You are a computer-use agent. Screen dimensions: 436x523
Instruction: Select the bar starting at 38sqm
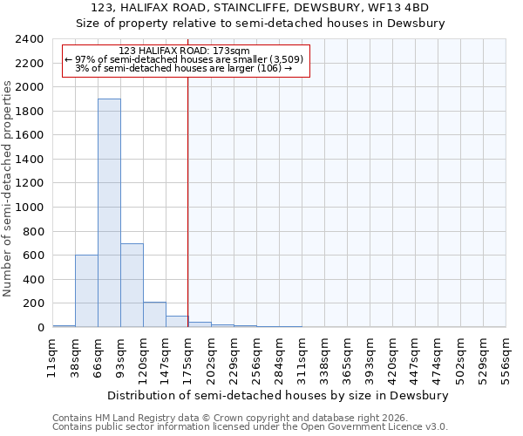point(86,290)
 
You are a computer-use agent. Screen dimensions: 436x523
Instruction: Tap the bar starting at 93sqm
point(132,285)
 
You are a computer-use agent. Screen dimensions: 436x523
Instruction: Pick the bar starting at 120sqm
point(154,315)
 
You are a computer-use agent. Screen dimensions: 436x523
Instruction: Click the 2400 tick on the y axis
point(30,39)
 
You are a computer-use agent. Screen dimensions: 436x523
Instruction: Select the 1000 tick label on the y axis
point(30,208)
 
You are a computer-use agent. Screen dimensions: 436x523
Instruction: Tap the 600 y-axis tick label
point(33,255)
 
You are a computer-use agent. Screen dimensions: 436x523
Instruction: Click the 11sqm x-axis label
point(52,358)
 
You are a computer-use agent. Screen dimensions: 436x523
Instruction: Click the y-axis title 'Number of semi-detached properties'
point(8,188)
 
